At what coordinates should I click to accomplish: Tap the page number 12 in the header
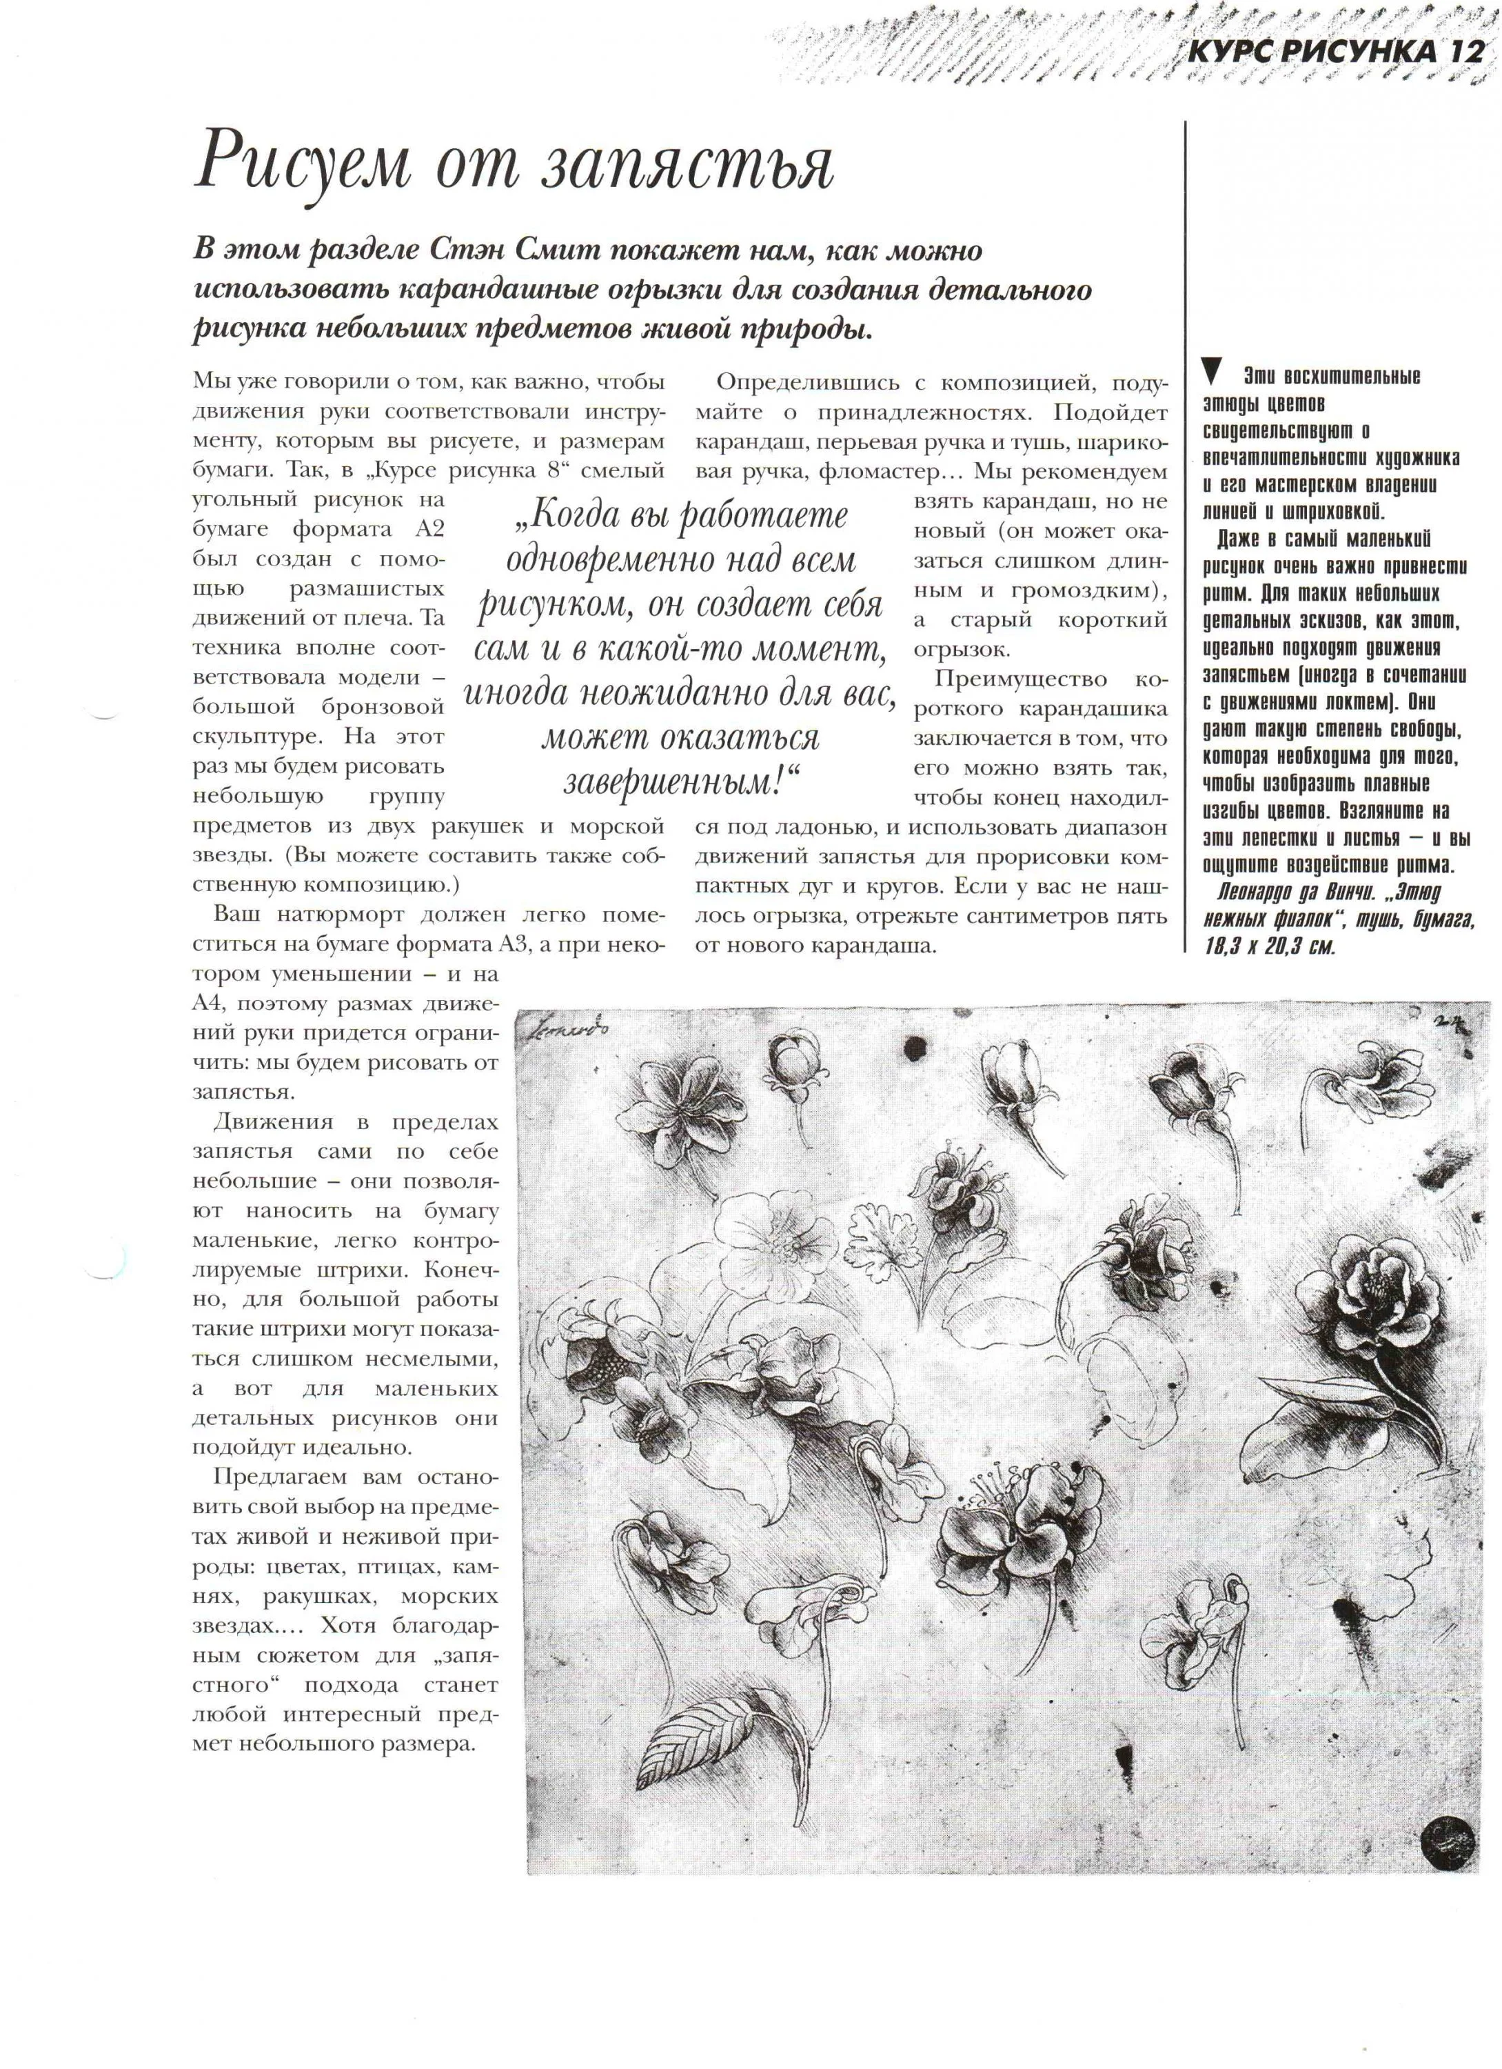pos(1463,53)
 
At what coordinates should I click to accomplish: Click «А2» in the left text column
pos(427,529)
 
